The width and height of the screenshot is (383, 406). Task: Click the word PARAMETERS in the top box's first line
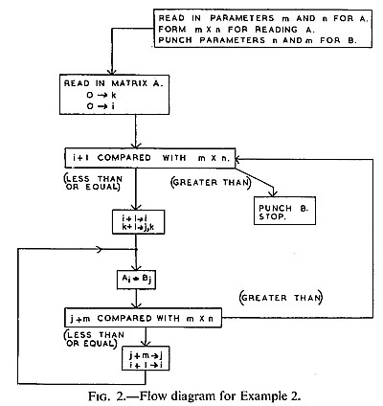(x=242, y=18)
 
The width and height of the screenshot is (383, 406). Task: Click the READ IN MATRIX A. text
(x=113, y=83)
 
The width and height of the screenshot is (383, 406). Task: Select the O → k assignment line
(x=101, y=95)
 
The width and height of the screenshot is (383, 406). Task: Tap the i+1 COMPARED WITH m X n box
(x=150, y=158)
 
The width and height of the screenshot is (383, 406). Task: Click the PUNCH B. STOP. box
(x=284, y=211)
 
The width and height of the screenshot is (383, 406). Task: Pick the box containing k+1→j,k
(x=139, y=222)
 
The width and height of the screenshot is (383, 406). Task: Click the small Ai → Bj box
(x=136, y=280)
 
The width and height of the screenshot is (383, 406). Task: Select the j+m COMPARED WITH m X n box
(x=143, y=318)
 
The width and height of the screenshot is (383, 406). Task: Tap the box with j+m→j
(x=146, y=358)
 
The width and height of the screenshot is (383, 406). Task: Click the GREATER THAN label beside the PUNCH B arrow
(x=211, y=182)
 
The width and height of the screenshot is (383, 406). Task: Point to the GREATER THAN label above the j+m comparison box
(x=281, y=298)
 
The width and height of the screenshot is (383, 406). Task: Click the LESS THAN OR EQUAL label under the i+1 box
(x=93, y=183)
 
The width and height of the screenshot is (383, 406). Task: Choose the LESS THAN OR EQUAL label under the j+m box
(x=94, y=339)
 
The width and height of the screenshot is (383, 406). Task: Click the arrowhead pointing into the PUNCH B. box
(x=273, y=192)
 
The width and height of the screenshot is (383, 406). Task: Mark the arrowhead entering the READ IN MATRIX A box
(x=111, y=71)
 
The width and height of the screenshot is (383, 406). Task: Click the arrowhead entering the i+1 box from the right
(x=240, y=159)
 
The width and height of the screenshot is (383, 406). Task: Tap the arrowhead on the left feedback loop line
(x=100, y=249)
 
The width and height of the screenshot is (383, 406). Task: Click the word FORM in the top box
(x=172, y=30)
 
